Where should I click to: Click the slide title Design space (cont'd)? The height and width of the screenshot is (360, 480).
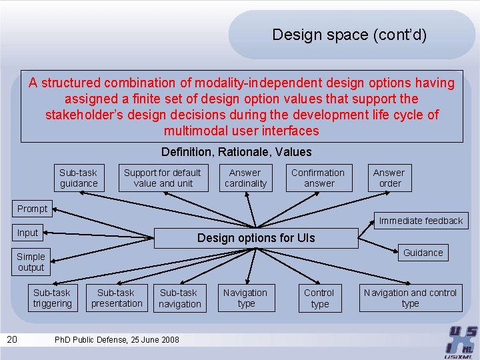tap(349, 35)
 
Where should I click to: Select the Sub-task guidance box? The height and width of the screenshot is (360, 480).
tap(79, 178)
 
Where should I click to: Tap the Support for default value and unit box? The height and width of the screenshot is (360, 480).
tap(163, 178)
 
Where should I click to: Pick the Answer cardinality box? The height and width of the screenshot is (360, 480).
tap(245, 178)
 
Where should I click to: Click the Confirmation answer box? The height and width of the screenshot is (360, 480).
tap(318, 178)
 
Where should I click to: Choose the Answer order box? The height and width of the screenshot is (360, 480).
tap(389, 178)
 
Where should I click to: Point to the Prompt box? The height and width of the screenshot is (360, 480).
tap(32, 209)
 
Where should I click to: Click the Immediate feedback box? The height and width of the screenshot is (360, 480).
tap(421, 221)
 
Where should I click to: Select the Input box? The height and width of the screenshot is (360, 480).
tap(28, 233)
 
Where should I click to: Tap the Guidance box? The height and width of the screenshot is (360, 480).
tap(423, 253)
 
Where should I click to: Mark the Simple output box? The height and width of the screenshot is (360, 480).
tap(31, 262)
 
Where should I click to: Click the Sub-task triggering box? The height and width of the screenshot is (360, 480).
tap(52, 298)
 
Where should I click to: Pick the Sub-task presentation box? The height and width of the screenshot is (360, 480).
tap(117, 298)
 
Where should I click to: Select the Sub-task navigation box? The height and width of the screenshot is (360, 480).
tap(179, 298)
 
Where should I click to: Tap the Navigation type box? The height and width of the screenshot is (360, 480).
tap(245, 298)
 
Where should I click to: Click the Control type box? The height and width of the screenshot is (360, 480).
tap(319, 298)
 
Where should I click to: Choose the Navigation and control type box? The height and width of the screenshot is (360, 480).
tap(410, 298)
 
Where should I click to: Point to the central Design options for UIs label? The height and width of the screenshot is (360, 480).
tap(256, 238)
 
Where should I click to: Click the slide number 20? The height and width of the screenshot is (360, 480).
tap(12, 340)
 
